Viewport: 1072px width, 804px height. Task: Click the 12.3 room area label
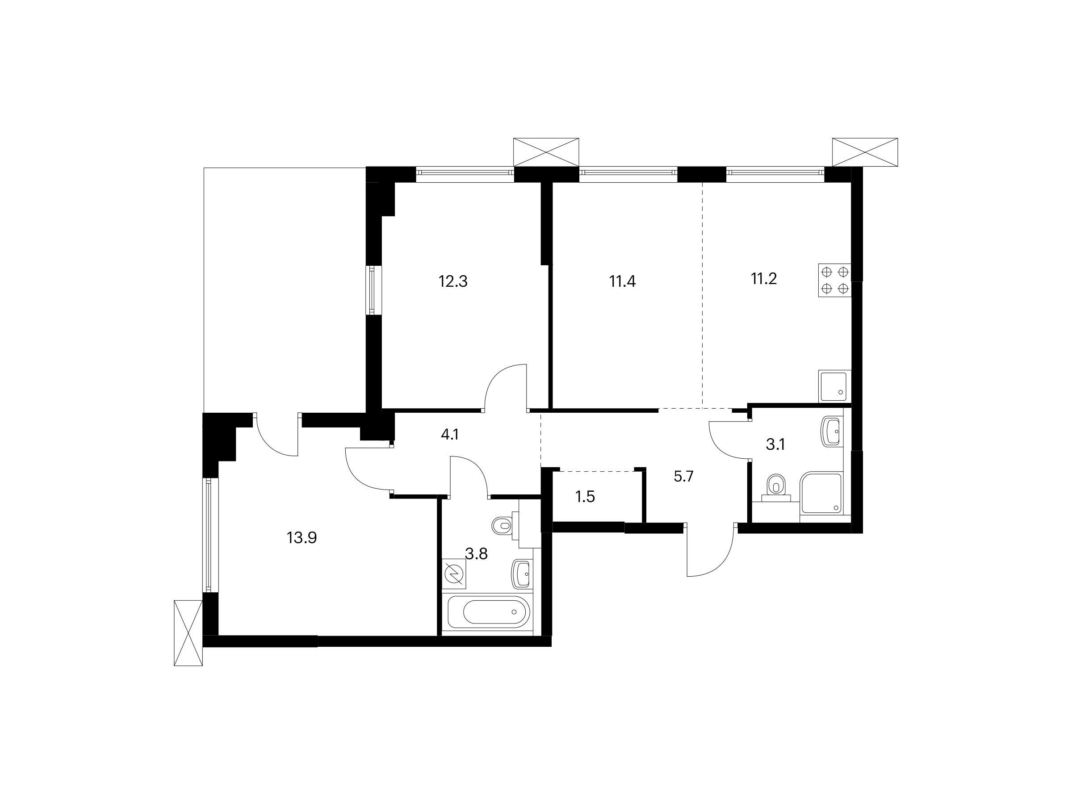pyautogui.click(x=453, y=281)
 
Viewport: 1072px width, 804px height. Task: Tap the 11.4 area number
pyautogui.click(x=622, y=281)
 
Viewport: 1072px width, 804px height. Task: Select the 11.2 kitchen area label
pyautogui.click(x=764, y=279)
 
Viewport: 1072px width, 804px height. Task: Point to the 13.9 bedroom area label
pyautogui.click(x=302, y=537)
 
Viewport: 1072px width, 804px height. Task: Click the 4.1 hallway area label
pyautogui.click(x=450, y=435)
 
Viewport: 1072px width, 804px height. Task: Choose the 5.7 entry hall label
pyautogui.click(x=684, y=477)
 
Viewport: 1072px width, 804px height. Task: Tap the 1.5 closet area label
pyautogui.click(x=585, y=497)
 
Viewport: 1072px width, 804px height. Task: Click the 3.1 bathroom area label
pyautogui.click(x=775, y=444)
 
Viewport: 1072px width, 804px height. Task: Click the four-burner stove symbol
pyautogui.click(x=834, y=280)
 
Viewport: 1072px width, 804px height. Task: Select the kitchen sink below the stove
pyautogui.click(x=834, y=386)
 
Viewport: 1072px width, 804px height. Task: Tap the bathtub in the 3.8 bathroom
pyautogui.click(x=489, y=612)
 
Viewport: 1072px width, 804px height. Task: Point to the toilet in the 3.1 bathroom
pyautogui.click(x=776, y=486)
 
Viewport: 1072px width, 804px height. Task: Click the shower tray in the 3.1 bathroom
pyautogui.click(x=822, y=492)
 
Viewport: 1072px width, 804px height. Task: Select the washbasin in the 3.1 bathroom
pyautogui.click(x=833, y=431)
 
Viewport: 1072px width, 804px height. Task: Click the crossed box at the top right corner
pyautogui.click(x=865, y=152)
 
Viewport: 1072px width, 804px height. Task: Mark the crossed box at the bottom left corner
pyautogui.click(x=188, y=633)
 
